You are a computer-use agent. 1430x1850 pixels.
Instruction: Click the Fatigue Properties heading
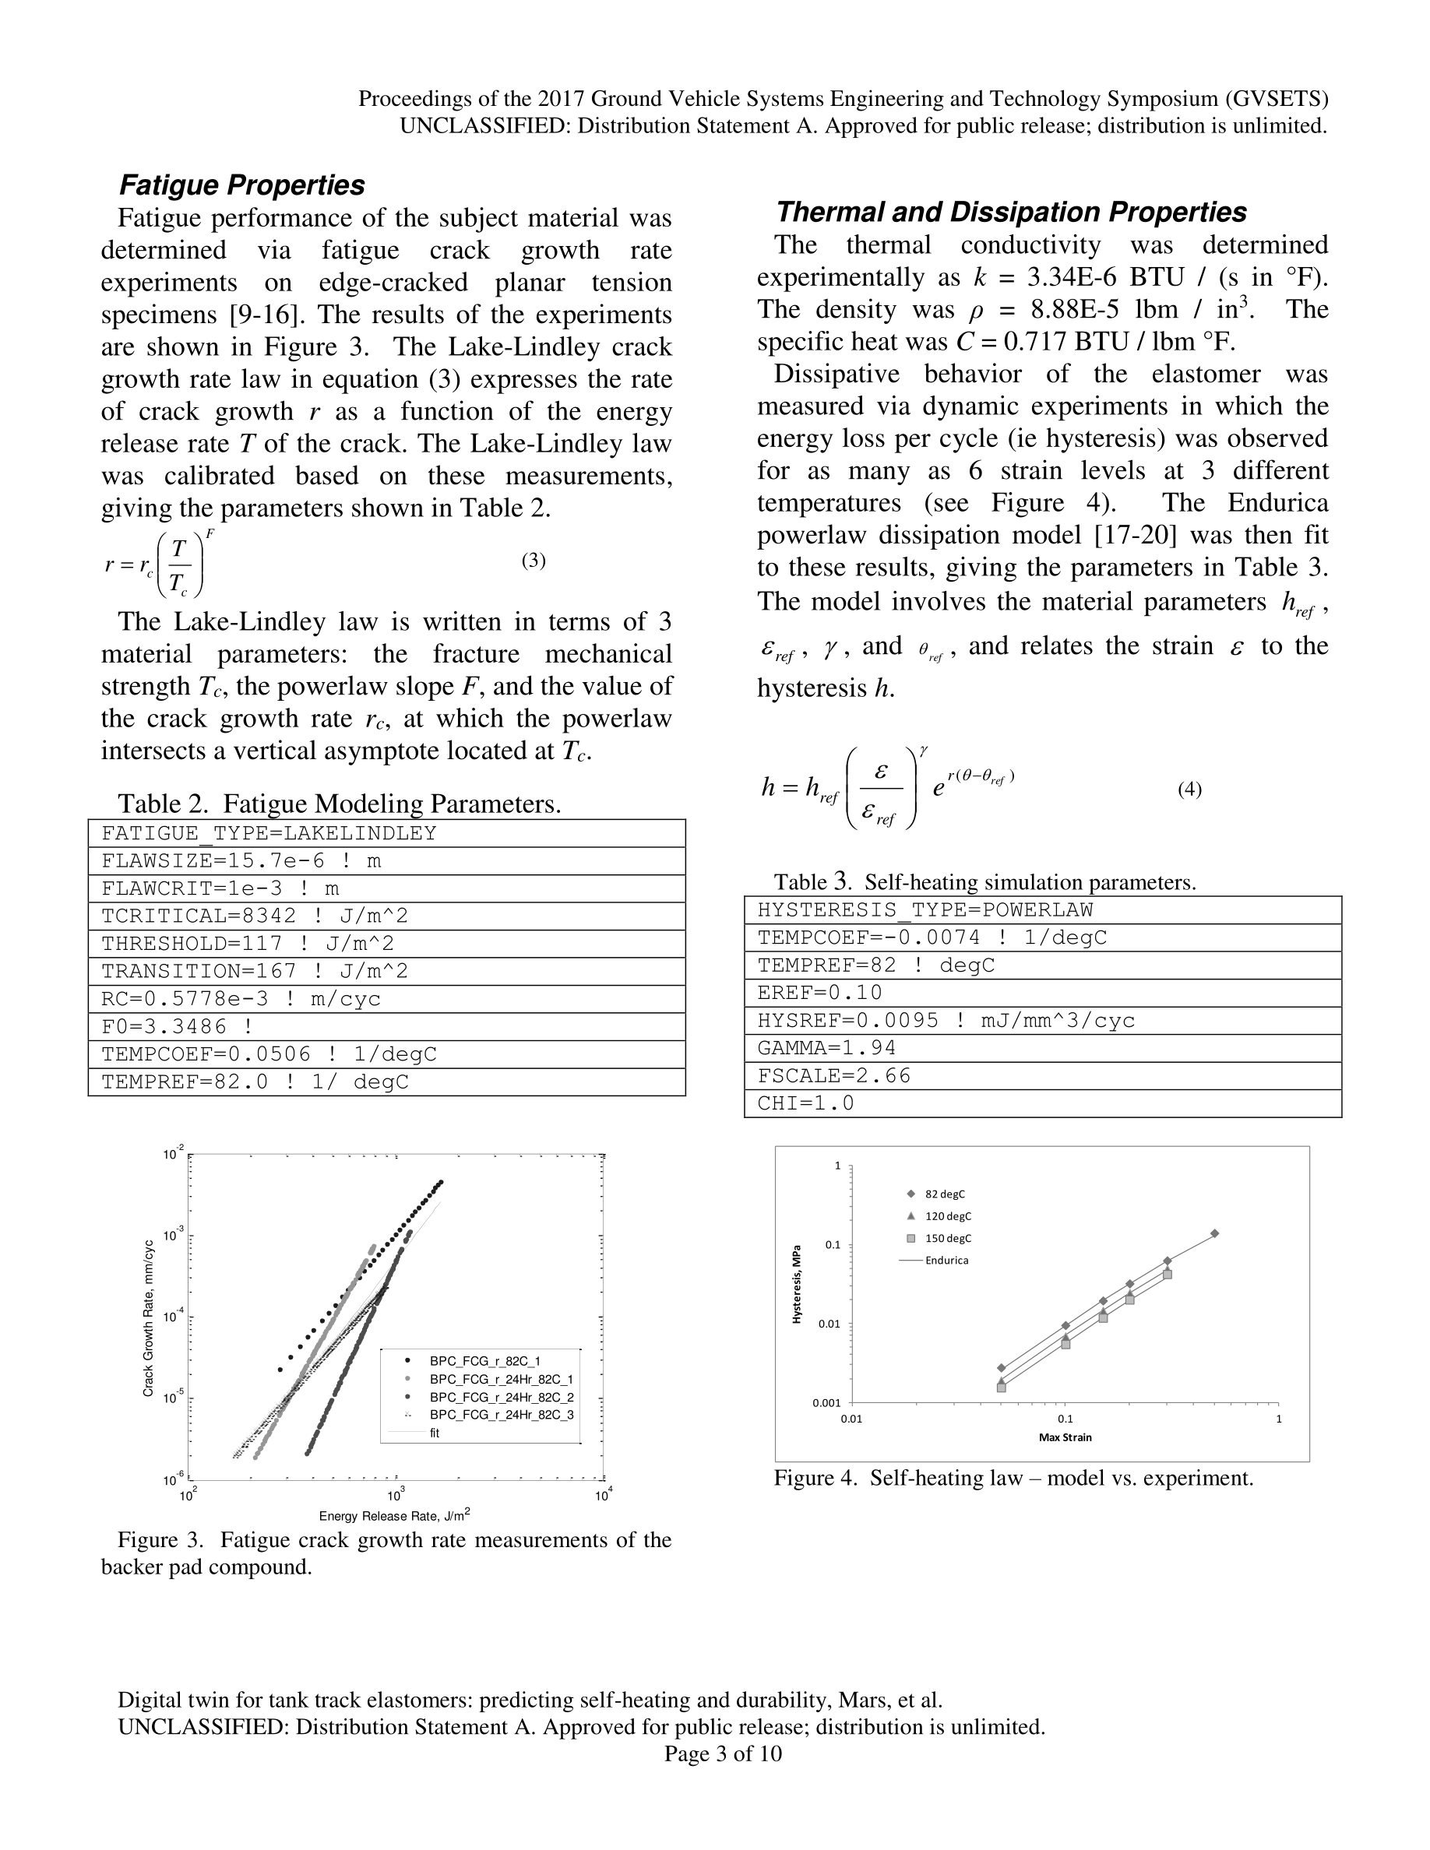pyautogui.click(x=242, y=185)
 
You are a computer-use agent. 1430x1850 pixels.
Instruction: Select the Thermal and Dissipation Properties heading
pyautogui.click(x=1012, y=212)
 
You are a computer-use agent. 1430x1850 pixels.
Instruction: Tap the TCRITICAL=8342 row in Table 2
pyautogui.click(x=386, y=916)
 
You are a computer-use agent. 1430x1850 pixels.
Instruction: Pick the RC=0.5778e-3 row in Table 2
pyautogui.click(x=386, y=999)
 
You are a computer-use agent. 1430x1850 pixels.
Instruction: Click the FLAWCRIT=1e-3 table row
pyautogui.click(x=386, y=888)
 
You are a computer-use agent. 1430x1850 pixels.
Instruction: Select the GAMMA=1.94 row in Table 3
pyautogui.click(x=1042, y=1048)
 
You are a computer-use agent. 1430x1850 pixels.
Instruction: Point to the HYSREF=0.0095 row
pyautogui.click(x=1042, y=1021)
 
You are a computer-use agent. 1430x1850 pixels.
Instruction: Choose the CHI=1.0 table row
pyautogui.click(x=1042, y=1103)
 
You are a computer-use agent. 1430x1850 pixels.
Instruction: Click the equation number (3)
pyautogui.click(x=534, y=560)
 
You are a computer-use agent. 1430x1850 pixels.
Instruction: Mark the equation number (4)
pyautogui.click(x=1189, y=789)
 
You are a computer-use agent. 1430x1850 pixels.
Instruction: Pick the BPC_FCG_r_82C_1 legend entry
pyautogui.click(x=484, y=1361)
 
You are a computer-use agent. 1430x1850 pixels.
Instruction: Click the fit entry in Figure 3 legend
pyautogui.click(x=435, y=1433)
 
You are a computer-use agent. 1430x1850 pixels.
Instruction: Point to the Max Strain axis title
pyautogui.click(x=1065, y=1437)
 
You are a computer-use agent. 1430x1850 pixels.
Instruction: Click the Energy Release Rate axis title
pyautogui.click(x=394, y=1515)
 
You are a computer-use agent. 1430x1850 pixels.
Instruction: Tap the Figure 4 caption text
pyautogui.click(x=1013, y=1478)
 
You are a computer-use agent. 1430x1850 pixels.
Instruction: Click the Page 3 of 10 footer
pyautogui.click(x=723, y=1753)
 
